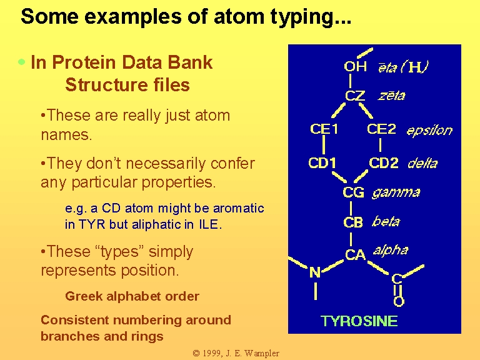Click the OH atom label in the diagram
point(355,66)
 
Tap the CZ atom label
point(355,96)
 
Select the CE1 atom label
point(324,129)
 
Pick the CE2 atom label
point(381,129)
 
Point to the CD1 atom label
point(322,163)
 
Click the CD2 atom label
point(384,163)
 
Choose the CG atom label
point(353,192)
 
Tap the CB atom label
point(353,222)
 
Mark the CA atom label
point(355,255)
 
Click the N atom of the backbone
point(315,272)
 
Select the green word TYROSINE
point(359,321)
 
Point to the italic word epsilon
point(429,131)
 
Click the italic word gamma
point(396,193)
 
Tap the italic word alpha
point(391,250)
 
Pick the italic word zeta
point(392,96)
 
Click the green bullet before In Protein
point(21,62)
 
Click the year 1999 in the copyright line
point(212,353)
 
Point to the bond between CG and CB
point(351,207)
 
